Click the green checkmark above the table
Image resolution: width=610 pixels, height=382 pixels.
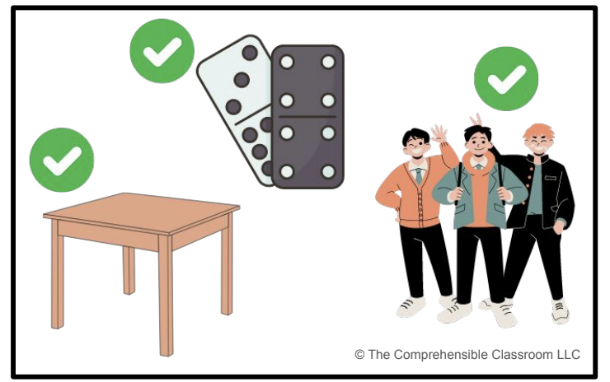(x=62, y=160)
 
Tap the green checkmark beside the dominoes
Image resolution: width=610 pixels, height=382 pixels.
(x=162, y=51)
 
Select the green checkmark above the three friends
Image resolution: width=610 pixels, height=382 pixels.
(x=506, y=78)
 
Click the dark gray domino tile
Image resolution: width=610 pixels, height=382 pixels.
(x=307, y=117)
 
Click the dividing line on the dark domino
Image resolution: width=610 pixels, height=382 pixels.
(x=307, y=116)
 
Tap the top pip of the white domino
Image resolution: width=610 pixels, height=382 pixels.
(x=250, y=53)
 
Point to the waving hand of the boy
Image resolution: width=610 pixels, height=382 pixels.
(x=439, y=134)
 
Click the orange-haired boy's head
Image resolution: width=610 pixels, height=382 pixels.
(x=539, y=140)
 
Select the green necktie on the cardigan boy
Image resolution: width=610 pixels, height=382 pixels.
(x=419, y=175)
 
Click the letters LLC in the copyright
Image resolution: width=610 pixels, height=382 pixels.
(x=569, y=354)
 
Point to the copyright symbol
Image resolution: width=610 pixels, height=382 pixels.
(x=360, y=354)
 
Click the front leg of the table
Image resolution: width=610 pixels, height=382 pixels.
(x=167, y=296)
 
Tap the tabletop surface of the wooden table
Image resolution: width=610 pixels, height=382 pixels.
(x=142, y=212)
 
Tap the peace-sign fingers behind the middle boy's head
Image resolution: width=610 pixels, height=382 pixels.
(x=476, y=119)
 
